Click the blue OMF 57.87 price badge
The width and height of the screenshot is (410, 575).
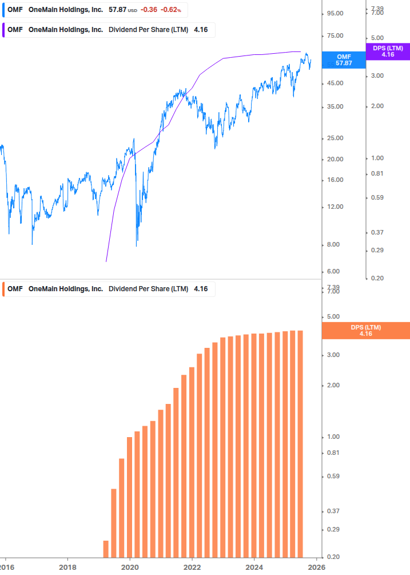tap(344, 60)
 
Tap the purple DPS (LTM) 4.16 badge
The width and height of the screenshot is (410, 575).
tap(388, 51)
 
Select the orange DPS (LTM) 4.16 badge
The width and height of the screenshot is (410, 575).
tap(366, 331)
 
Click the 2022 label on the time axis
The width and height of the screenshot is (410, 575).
tap(192, 567)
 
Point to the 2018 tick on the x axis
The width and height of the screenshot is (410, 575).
tap(67, 567)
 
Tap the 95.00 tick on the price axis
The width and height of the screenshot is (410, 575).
tap(335, 13)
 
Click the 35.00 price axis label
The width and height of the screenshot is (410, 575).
tap(335, 107)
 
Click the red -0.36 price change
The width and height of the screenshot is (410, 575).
tap(149, 10)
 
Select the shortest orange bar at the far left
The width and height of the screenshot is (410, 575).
tap(106, 549)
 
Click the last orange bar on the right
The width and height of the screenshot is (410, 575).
tap(300, 443)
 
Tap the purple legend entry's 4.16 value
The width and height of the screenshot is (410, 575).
tap(201, 30)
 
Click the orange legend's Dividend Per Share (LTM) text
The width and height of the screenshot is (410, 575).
tap(148, 289)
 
